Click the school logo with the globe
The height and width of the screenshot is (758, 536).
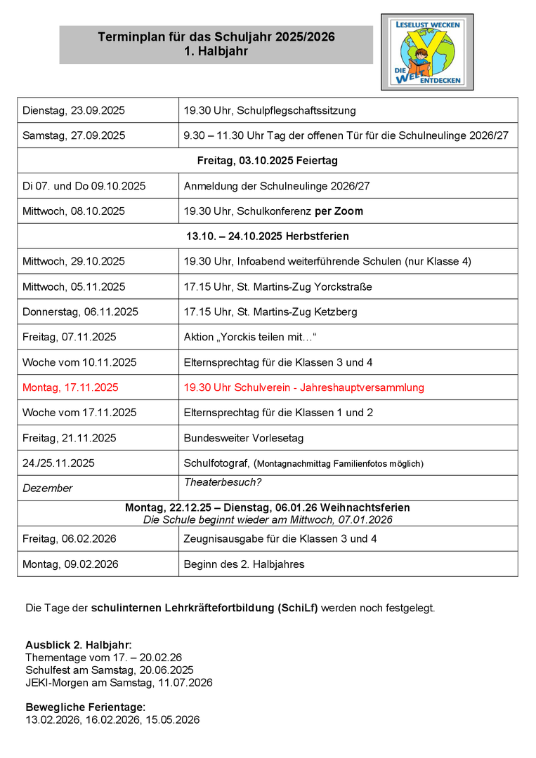427,52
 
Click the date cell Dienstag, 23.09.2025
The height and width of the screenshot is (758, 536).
74,110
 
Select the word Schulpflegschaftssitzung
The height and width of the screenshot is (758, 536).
297,110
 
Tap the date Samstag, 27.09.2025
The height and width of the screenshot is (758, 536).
74,135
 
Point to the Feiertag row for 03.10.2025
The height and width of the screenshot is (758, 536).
267,161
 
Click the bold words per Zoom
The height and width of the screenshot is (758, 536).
339,211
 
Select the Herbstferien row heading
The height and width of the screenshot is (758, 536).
267,237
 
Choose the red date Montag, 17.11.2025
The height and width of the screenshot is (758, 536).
70,387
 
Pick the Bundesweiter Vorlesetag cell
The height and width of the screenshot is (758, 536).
244,438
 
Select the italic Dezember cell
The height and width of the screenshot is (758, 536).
48,488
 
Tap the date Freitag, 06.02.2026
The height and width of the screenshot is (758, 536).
70,539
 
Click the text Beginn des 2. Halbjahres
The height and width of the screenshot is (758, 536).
244,564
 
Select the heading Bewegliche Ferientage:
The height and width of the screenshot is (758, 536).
86,707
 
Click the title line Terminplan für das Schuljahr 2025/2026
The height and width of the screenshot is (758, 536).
216,36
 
